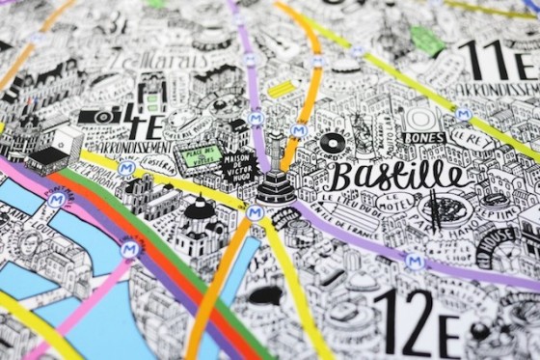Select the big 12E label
pyautogui.click(x=414, y=322)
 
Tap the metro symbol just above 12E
pyautogui.click(x=415, y=261)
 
